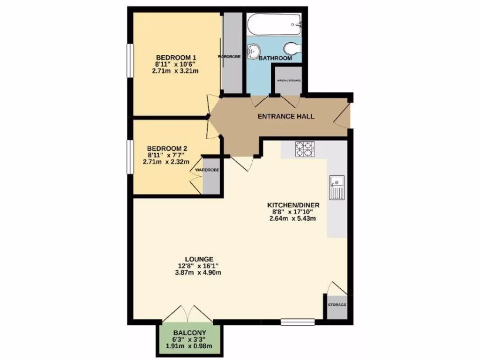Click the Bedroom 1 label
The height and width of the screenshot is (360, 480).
pyautogui.click(x=172, y=58)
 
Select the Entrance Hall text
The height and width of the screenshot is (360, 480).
pyautogui.click(x=286, y=116)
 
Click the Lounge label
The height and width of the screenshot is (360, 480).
pyautogui.click(x=199, y=259)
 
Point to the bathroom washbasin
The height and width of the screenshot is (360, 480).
pyautogui.click(x=255, y=49)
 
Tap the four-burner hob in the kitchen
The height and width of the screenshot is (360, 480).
pyautogui.click(x=303, y=149)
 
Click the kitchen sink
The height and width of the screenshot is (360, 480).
pyautogui.click(x=337, y=187)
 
